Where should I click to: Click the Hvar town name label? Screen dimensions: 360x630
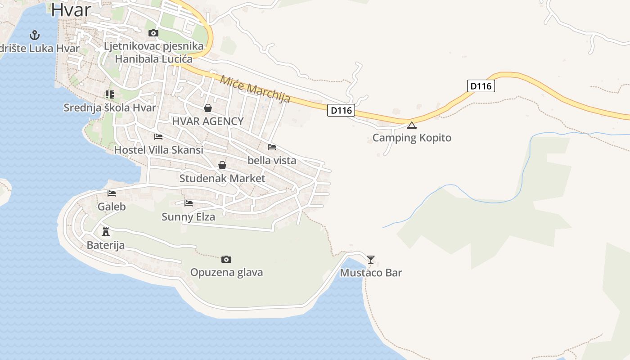pyautogui.click(x=71, y=10)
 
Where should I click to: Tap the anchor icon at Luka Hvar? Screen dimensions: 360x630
pyautogui.click(x=34, y=35)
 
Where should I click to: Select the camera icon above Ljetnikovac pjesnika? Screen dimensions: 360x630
pyautogui.click(x=153, y=33)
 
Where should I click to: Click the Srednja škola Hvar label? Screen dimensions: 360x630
pyautogui.click(x=110, y=108)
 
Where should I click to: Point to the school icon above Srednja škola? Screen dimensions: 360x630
pyautogui.click(x=109, y=94)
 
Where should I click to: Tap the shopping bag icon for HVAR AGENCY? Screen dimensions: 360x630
pyautogui.click(x=208, y=108)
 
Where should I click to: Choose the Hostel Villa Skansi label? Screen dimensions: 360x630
pyautogui.click(x=158, y=150)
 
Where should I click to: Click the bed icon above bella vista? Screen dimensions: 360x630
pyautogui.click(x=272, y=147)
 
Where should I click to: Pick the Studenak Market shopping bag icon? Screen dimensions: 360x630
pyautogui.click(x=222, y=165)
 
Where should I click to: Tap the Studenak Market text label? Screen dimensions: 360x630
pyautogui.click(x=222, y=178)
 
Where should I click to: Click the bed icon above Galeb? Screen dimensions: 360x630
pyautogui.click(x=112, y=193)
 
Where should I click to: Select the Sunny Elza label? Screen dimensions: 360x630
pyautogui.click(x=188, y=217)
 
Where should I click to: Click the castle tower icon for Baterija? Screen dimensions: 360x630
pyautogui.click(x=106, y=232)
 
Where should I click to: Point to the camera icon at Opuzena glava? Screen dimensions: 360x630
pyautogui.click(x=226, y=259)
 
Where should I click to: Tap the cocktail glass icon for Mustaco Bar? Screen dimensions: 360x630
pyautogui.click(x=371, y=259)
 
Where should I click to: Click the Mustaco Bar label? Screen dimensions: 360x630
pyautogui.click(x=371, y=273)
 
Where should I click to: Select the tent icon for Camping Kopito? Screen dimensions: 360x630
pyautogui.click(x=412, y=125)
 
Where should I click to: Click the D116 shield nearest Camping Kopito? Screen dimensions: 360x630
pyautogui.click(x=341, y=110)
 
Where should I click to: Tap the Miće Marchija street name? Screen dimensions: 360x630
pyautogui.click(x=255, y=89)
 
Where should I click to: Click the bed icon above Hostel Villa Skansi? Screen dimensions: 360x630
pyautogui.click(x=158, y=136)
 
